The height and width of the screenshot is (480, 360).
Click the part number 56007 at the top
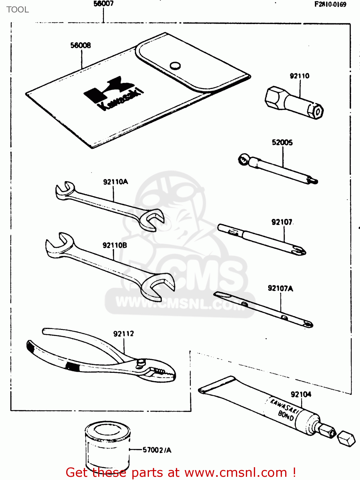coord(103,4)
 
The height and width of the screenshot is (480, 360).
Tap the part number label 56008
coord(81,45)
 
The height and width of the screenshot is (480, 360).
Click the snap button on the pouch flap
coord(175,66)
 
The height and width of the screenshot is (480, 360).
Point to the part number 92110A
coord(115,182)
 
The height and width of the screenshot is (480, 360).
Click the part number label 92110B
coord(115,245)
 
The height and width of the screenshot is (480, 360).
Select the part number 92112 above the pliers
coord(123,334)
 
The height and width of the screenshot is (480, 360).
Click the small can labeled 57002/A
coord(107,446)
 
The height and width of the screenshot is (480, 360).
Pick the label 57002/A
coord(157,450)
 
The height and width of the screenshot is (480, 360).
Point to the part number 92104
coord(301,394)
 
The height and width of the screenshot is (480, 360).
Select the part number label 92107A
coord(280,289)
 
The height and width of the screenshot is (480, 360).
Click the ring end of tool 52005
coord(243,159)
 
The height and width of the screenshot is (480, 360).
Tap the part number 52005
coord(282,143)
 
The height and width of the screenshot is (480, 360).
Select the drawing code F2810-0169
coord(330,4)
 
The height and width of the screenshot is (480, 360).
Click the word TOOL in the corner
coord(18,10)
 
